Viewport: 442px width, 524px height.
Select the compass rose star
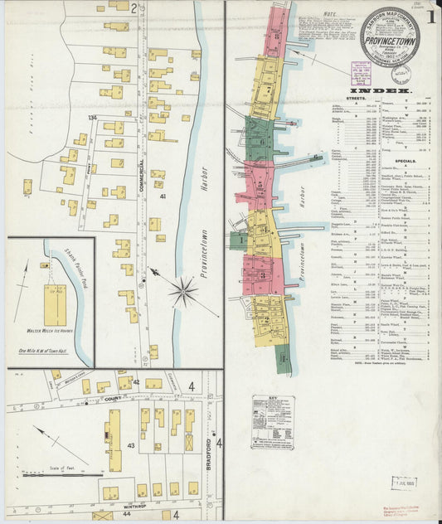click(x=183, y=291)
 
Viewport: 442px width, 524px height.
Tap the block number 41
click(x=163, y=196)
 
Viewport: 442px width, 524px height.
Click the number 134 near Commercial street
click(x=93, y=119)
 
